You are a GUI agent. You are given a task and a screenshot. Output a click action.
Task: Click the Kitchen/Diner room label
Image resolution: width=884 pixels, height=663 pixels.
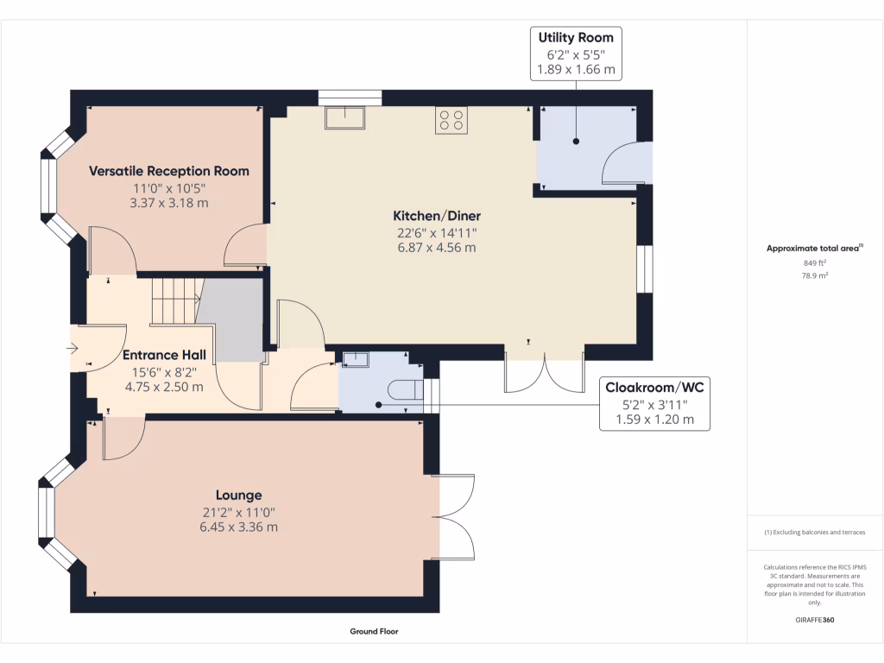(437, 216)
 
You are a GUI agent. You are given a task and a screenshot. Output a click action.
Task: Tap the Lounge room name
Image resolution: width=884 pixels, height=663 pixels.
(239, 496)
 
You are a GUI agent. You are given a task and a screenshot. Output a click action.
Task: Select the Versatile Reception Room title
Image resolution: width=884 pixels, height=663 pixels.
(169, 171)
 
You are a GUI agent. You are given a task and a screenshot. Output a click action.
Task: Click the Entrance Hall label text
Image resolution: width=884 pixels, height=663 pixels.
(164, 355)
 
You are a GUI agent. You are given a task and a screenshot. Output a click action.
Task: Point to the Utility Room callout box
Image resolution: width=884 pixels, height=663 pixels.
(576, 54)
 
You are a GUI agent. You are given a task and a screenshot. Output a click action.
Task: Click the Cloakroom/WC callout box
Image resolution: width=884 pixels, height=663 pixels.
(654, 404)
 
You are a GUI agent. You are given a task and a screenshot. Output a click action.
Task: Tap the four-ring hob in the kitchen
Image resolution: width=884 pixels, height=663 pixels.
(451, 120)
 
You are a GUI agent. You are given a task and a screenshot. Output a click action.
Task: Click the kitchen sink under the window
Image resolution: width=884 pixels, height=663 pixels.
(345, 117)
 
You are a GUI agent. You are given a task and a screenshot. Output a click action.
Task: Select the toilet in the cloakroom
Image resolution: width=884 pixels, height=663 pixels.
(406, 389)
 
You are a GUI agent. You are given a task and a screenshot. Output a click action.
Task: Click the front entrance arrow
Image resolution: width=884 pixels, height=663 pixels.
(72, 349)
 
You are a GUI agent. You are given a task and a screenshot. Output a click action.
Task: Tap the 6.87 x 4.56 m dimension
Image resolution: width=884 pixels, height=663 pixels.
(437, 248)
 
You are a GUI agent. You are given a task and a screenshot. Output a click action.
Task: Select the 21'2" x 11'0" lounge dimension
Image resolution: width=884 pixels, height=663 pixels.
(239, 513)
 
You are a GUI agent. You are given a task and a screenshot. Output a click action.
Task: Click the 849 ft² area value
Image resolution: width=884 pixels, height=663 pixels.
(815, 262)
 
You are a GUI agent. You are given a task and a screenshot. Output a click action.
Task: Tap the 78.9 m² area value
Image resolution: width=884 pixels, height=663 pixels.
(815, 275)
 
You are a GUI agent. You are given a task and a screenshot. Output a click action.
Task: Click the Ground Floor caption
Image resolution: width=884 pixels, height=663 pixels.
(374, 631)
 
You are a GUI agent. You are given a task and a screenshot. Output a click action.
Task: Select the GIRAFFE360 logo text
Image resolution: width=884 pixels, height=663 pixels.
(815, 620)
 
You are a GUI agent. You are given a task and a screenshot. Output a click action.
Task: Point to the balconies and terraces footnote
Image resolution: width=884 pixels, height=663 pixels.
(815, 532)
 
